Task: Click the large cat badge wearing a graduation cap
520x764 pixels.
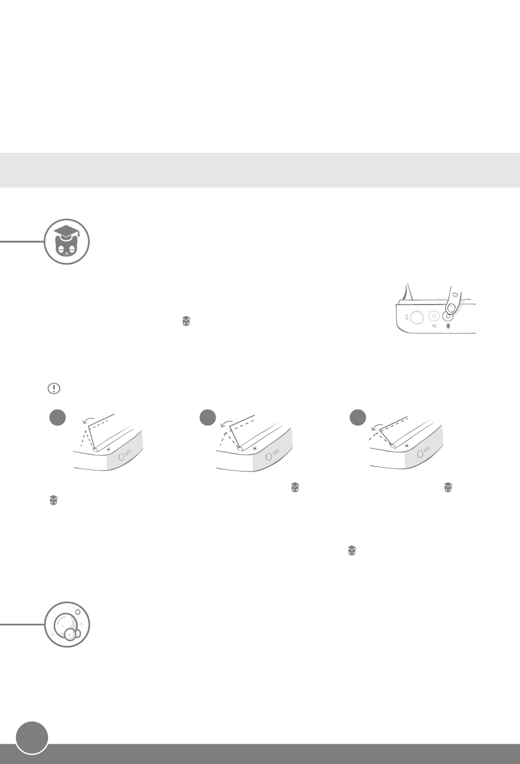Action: coord(67,242)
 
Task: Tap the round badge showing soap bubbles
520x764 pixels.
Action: coord(67,624)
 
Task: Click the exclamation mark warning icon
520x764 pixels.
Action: coord(54,388)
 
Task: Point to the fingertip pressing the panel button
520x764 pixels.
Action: coord(452,303)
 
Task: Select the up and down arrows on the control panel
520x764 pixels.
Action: coord(407,317)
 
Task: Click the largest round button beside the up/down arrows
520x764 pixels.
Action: coord(417,317)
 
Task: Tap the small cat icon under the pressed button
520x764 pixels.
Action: coord(448,326)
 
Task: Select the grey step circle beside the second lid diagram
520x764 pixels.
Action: coord(207,417)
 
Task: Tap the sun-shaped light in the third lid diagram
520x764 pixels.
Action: coord(407,446)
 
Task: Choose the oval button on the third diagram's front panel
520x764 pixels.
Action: coord(420,453)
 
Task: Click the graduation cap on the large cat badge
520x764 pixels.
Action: coord(66,232)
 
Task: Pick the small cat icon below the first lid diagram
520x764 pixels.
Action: coord(54,499)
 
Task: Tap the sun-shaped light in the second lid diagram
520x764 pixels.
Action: coord(255,448)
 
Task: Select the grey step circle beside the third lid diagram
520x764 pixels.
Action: coord(358,417)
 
